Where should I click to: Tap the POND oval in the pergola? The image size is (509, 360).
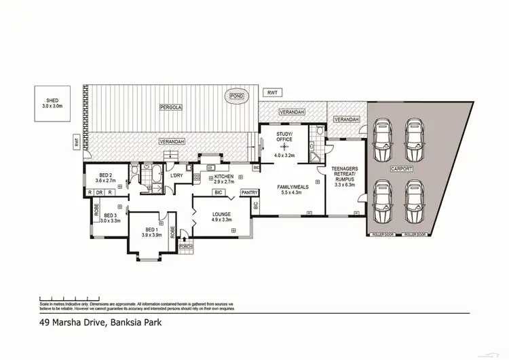[237, 97]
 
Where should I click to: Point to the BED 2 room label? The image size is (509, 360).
[105, 175]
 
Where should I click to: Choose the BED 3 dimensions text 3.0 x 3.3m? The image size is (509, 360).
[110, 221]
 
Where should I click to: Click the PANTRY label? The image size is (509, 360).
[248, 192]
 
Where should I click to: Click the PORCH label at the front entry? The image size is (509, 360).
[185, 247]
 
